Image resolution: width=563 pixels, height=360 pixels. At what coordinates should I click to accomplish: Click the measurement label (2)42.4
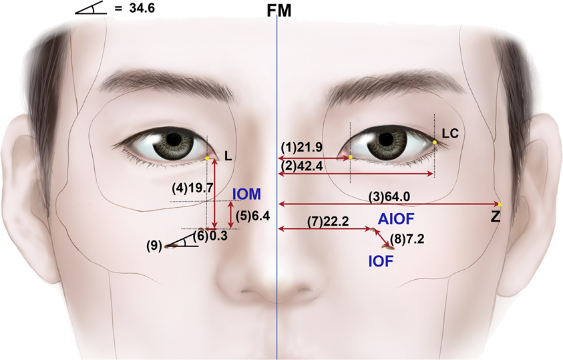pos(301,166)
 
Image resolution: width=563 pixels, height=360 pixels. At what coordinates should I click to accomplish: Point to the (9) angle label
pos(154,245)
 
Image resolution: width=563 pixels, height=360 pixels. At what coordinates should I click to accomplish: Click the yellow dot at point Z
pos(500,204)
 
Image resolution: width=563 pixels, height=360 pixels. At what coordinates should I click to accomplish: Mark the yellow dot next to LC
pos(435,142)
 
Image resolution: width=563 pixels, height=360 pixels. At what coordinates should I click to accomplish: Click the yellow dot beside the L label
pos(208,158)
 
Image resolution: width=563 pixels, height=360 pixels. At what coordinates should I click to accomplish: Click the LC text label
pos(450,134)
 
